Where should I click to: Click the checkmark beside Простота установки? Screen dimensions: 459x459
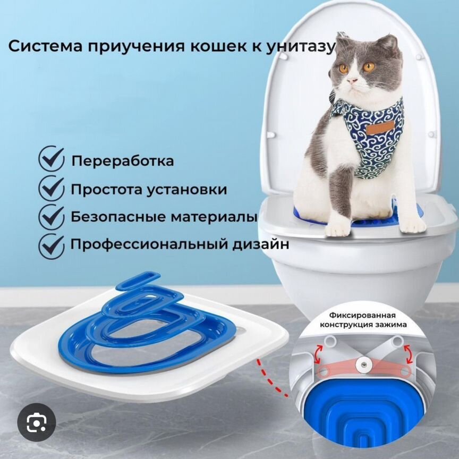pyautogui.click(x=52, y=189)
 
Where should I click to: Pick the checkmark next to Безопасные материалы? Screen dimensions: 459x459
pyautogui.click(x=52, y=217)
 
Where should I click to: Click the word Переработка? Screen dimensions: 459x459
pyautogui.click(x=122, y=161)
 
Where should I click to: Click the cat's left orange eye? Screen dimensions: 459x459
pyautogui.click(x=344, y=68)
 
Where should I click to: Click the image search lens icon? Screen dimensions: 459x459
pyautogui.click(x=36, y=423)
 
